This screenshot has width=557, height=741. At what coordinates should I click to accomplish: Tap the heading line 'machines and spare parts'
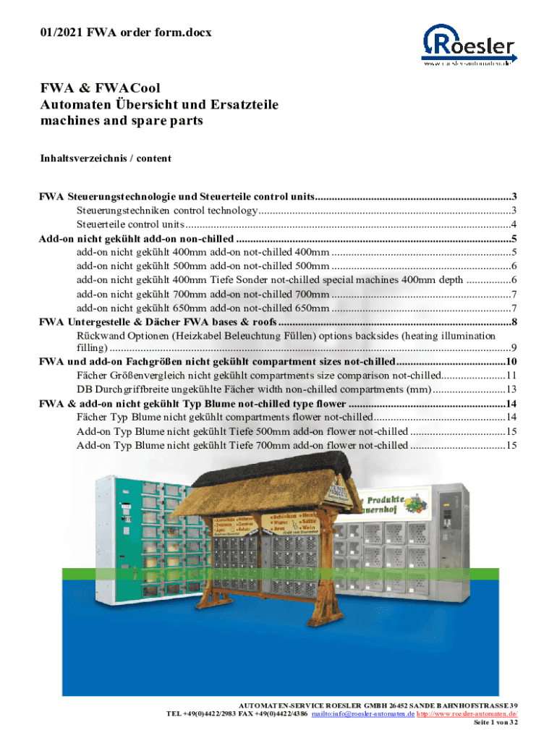(121, 121)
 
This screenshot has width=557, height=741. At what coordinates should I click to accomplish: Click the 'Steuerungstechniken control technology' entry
(166, 211)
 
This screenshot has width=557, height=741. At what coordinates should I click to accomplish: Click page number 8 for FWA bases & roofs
(513, 322)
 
